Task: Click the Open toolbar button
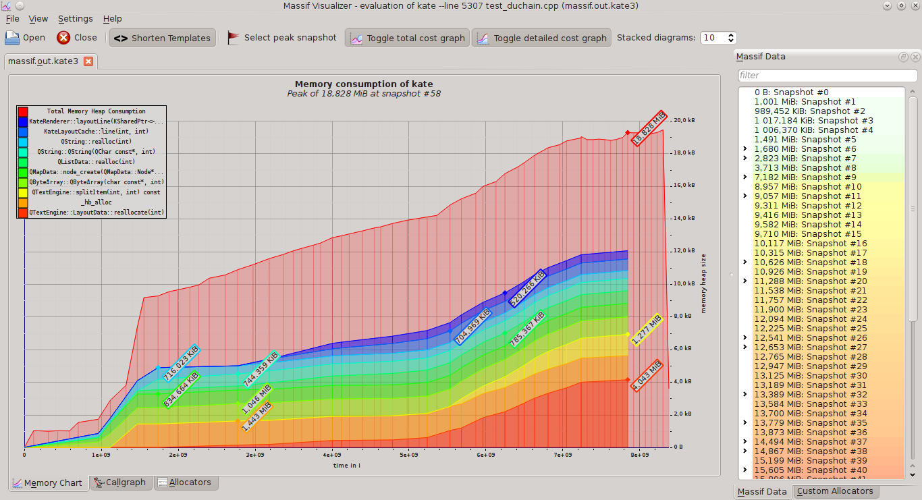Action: (x=26, y=38)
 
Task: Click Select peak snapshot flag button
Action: (x=281, y=38)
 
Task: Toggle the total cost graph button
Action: (x=408, y=38)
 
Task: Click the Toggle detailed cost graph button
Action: (x=541, y=38)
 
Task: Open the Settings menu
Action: (x=75, y=19)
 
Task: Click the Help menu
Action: (x=113, y=19)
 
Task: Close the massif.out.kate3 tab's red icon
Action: (x=88, y=62)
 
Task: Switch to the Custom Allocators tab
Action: (x=834, y=491)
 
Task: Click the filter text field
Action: (x=826, y=76)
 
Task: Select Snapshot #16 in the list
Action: (x=810, y=244)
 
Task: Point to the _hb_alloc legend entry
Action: (x=96, y=202)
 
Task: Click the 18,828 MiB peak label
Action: (x=649, y=128)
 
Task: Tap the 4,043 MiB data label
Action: (x=647, y=376)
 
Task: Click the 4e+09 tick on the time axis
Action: (x=331, y=455)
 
